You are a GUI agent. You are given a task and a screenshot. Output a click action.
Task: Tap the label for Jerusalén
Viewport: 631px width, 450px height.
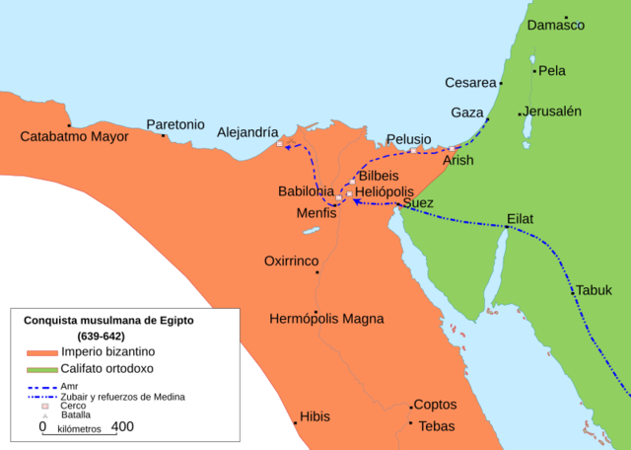pyautogui.click(x=553, y=111)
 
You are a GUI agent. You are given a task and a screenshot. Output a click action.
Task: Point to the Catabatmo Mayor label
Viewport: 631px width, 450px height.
pyautogui.click(x=75, y=136)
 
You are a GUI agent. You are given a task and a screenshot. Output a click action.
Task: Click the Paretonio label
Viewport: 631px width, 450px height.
pyautogui.click(x=175, y=124)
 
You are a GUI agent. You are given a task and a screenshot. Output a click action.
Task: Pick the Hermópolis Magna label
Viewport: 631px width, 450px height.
pyautogui.click(x=326, y=319)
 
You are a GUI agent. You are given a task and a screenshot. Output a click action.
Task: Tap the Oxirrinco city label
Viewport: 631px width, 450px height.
pyautogui.click(x=292, y=262)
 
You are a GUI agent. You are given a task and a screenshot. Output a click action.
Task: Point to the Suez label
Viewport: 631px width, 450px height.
pyautogui.click(x=418, y=203)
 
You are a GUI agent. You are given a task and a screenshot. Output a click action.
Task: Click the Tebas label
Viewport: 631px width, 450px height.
pyautogui.click(x=437, y=425)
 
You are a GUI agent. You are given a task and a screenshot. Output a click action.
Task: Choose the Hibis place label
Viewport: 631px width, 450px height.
pyautogui.click(x=315, y=416)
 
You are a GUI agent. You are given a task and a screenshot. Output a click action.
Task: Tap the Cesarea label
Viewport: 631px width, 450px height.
pyautogui.click(x=471, y=83)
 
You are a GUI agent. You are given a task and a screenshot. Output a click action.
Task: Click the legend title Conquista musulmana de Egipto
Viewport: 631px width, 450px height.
pyautogui.click(x=122, y=321)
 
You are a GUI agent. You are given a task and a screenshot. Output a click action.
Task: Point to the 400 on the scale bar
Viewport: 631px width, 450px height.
pyautogui.click(x=122, y=427)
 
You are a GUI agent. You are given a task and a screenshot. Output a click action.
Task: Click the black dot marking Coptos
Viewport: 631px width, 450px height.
pyautogui.click(x=411, y=406)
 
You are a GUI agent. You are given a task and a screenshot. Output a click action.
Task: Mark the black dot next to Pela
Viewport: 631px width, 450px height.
pyautogui.click(x=534, y=71)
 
